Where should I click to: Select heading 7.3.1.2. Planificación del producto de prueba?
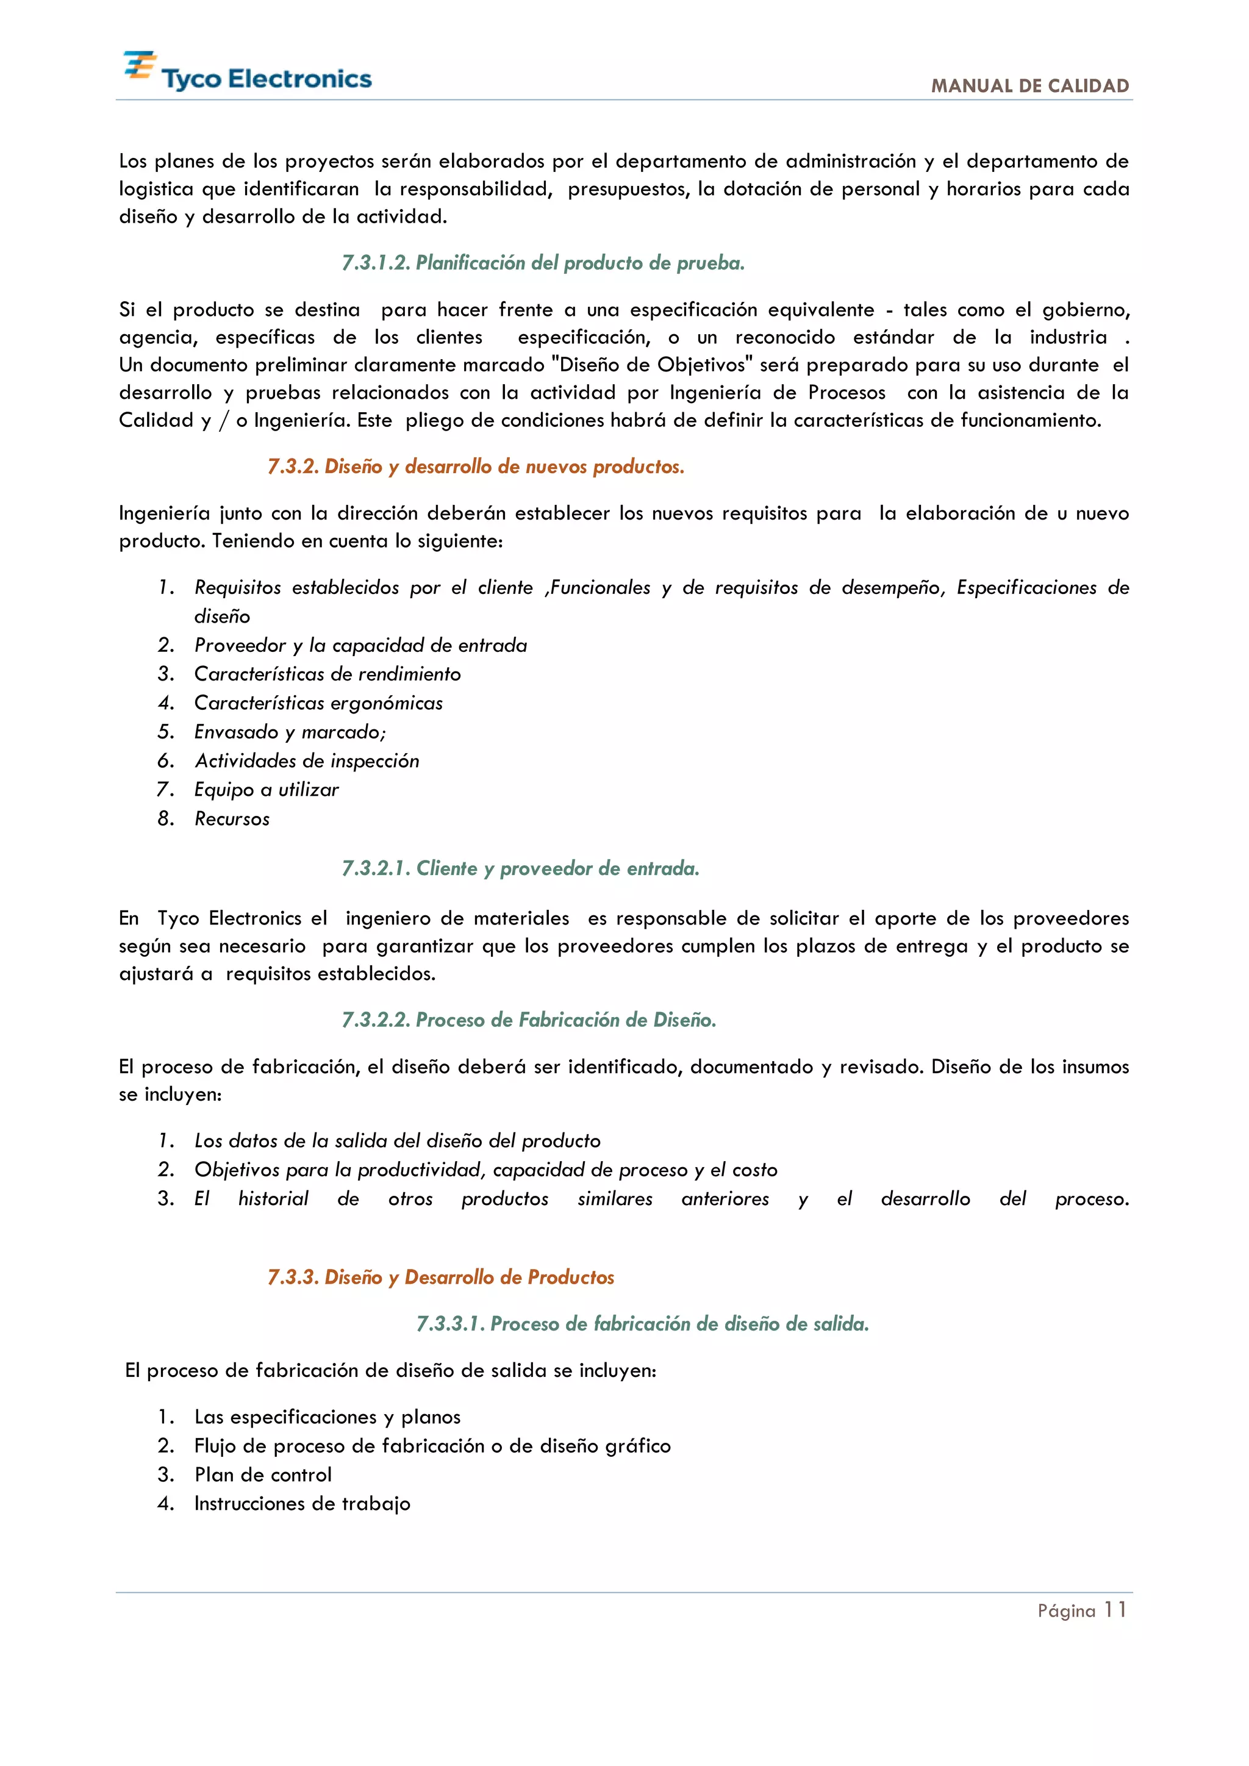(542, 263)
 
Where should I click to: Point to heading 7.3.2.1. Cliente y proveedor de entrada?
(520, 868)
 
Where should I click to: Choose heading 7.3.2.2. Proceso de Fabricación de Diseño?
(528, 1020)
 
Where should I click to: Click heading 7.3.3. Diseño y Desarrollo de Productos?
(441, 1277)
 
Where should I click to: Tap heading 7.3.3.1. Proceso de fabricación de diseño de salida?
(642, 1324)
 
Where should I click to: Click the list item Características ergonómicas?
(318, 703)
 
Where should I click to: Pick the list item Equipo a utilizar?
(265, 790)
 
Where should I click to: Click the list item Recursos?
(232, 819)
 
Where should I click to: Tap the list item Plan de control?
(262, 1475)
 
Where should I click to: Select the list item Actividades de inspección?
(306, 760)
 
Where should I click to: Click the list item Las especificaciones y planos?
(327, 1417)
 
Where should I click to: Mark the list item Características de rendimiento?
(327, 674)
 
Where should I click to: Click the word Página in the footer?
(1065, 1611)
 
